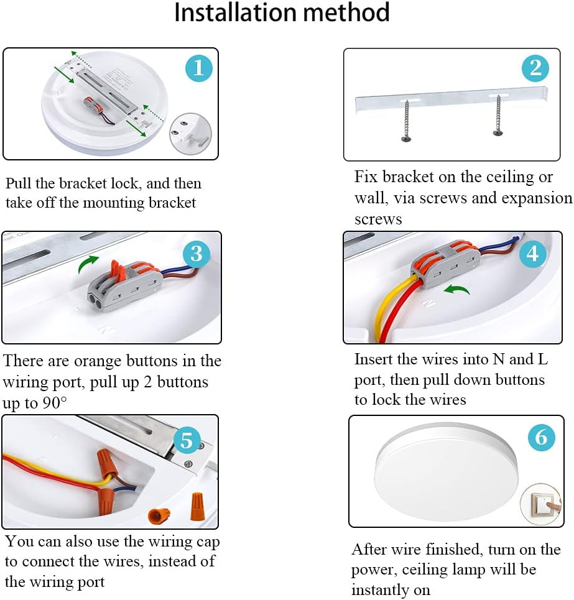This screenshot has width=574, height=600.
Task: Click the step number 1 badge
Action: click(198, 68)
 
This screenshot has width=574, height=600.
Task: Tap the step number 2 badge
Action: click(535, 68)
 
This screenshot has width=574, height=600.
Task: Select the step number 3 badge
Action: click(197, 254)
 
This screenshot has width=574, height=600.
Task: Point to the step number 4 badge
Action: click(533, 254)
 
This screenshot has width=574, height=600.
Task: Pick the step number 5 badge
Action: click(187, 440)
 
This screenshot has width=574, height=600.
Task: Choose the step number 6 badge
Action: click(541, 437)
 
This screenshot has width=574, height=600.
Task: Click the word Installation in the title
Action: click(235, 12)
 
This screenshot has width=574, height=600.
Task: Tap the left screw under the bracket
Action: click(406, 120)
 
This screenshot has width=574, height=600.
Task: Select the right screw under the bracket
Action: click(498, 115)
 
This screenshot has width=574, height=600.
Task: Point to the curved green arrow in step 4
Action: click(457, 289)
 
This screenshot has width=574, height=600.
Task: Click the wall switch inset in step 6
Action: click(540, 504)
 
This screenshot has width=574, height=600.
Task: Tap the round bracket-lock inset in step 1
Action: click(190, 134)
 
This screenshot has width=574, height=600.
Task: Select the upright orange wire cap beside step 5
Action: click(197, 507)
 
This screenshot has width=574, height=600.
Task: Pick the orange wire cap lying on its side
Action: click(159, 516)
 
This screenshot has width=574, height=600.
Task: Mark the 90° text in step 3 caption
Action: click(54, 402)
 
